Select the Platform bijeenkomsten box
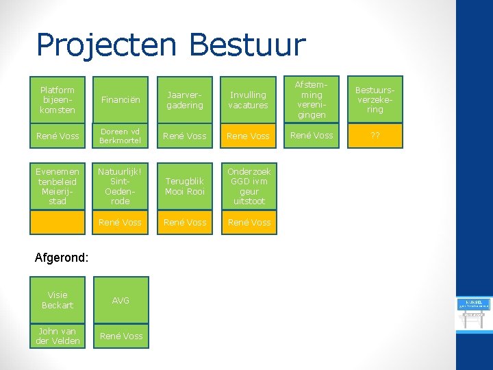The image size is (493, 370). tap(58, 100)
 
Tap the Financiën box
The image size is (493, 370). tap(121, 100)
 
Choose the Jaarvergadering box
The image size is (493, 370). tap(185, 100)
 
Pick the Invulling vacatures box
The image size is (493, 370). tap(249, 100)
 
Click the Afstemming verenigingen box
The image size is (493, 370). tap(312, 100)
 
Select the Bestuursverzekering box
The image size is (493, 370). tap(375, 100)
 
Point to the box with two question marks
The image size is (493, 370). tap(375, 136)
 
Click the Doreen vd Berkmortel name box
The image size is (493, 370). tap(121, 136)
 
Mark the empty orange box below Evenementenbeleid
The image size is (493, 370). tap(58, 222)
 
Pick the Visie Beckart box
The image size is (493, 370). tap(58, 300)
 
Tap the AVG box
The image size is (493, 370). tap(121, 300)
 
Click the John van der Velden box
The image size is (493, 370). tap(58, 336)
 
